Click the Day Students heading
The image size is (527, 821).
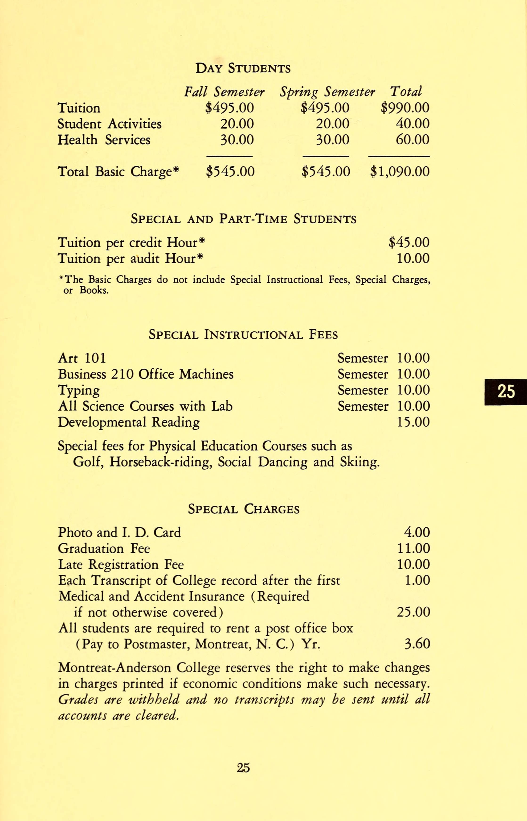[x=243, y=68]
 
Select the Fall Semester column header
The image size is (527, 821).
[x=225, y=92]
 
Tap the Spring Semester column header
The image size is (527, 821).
[x=327, y=92]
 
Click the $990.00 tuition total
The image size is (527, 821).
[x=405, y=108]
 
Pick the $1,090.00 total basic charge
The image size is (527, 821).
[x=400, y=171]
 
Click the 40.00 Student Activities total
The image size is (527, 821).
[x=412, y=124]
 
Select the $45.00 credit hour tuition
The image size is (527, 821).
[x=409, y=242]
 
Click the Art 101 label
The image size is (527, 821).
[x=82, y=358]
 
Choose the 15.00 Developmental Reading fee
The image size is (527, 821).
[x=413, y=422]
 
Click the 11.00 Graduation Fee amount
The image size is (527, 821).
[x=413, y=548]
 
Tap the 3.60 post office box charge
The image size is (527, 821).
[x=417, y=644]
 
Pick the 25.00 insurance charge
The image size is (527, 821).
[x=413, y=612]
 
